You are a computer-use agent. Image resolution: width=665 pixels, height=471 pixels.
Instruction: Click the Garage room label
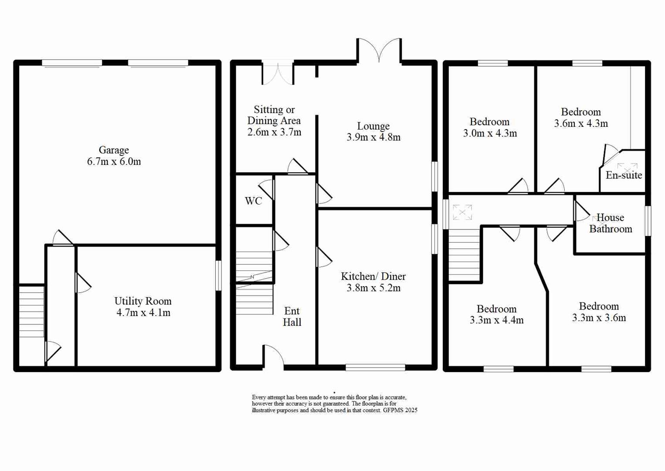click(x=114, y=150)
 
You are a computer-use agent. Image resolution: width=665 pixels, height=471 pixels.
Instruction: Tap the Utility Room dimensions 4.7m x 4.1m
click(x=143, y=313)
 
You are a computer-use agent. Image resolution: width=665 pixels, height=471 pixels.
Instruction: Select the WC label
click(x=253, y=201)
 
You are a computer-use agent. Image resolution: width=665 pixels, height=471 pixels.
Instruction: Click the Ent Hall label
click(x=292, y=317)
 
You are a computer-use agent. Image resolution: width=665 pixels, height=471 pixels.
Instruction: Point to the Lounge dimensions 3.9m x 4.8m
click(x=373, y=137)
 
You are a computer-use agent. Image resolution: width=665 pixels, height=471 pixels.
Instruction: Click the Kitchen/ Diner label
click(x=373, y=276)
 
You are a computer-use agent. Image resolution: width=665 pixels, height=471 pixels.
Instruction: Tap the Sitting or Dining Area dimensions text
click(x=274, y=132)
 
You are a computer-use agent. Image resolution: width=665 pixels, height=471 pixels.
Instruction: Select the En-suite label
click(x=624, y=175)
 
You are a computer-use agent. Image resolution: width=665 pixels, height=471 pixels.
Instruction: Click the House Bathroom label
click(x=611, y=223)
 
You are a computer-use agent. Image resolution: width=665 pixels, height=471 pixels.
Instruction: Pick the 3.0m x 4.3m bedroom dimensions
click(x=490, y=133)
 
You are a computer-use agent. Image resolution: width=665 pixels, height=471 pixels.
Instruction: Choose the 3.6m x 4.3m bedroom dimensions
click(x=581, y=123)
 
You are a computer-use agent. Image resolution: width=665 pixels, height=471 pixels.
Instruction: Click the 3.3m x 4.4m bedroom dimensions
click(x=496, y=320)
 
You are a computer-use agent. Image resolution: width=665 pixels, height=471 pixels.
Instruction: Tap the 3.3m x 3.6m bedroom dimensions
click(x=599, y=318)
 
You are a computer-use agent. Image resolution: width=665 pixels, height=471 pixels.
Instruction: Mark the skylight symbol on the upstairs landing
click(x=462, y=212)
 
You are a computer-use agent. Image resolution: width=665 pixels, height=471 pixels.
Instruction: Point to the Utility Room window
click(x=218, y=276)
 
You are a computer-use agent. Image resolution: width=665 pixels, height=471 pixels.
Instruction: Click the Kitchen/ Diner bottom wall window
click(x=375, y=368)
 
